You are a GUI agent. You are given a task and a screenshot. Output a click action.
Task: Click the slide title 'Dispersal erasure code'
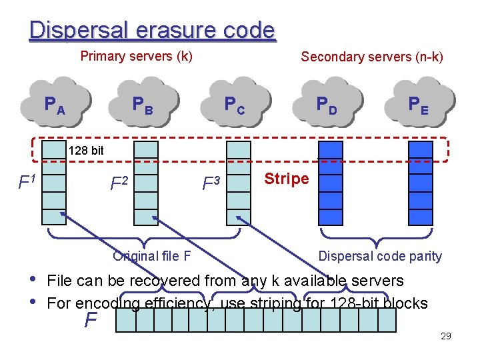point(152,30)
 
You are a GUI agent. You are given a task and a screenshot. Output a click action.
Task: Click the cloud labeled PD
point(327,103)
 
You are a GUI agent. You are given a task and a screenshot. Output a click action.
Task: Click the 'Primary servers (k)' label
point(136,56)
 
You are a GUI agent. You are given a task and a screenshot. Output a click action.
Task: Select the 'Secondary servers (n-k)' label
point(371,57)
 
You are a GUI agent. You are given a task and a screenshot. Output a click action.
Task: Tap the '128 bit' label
point(86,151)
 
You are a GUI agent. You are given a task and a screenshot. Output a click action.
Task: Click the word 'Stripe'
point(287,179)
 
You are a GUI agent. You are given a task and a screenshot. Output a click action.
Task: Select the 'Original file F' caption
point(152,256)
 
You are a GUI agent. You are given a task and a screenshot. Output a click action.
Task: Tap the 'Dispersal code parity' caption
point(380,256)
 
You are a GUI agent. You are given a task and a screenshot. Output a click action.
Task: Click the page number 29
point(446,336)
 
